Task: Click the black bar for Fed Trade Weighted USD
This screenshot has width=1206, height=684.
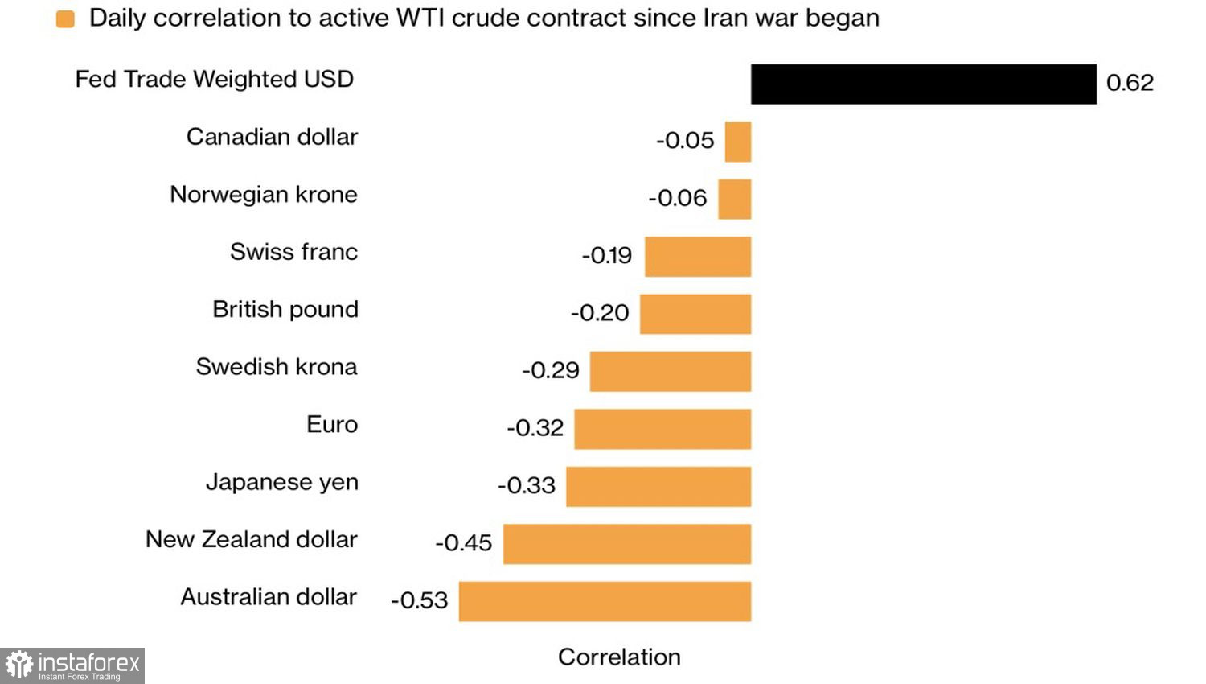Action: (x=923, y=84)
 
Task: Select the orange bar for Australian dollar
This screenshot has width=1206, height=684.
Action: (x=605, y=601)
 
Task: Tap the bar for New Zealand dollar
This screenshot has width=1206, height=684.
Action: (x=627, y=544)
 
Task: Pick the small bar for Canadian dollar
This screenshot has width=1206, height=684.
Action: (x=738, y=142)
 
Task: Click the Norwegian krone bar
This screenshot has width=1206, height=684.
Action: (x=734, y=199)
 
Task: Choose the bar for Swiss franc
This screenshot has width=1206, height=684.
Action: (x=698, y=257)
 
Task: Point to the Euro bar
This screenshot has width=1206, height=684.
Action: (x=662, y=429)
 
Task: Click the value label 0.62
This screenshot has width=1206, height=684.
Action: (x=1130, y=83)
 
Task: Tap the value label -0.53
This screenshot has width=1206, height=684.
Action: (x=419, y=600)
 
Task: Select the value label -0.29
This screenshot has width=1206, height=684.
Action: (x=551, y=370)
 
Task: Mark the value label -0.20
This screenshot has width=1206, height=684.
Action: (x=600, y=313)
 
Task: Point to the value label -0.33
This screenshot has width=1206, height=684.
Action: (x=527, y=485)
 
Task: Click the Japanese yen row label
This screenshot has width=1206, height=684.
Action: (x=282, y=482)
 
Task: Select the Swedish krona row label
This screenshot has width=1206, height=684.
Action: (x=277, y=367)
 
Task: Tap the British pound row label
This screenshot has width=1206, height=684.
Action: (x=285, y=310)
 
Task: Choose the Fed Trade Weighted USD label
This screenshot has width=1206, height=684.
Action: (x=215, y=80)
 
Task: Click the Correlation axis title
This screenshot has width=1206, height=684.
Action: (x=619, y=657)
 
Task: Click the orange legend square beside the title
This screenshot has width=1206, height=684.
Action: (x=65, y=19)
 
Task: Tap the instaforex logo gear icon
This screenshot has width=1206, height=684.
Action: (x=18, y=665)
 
